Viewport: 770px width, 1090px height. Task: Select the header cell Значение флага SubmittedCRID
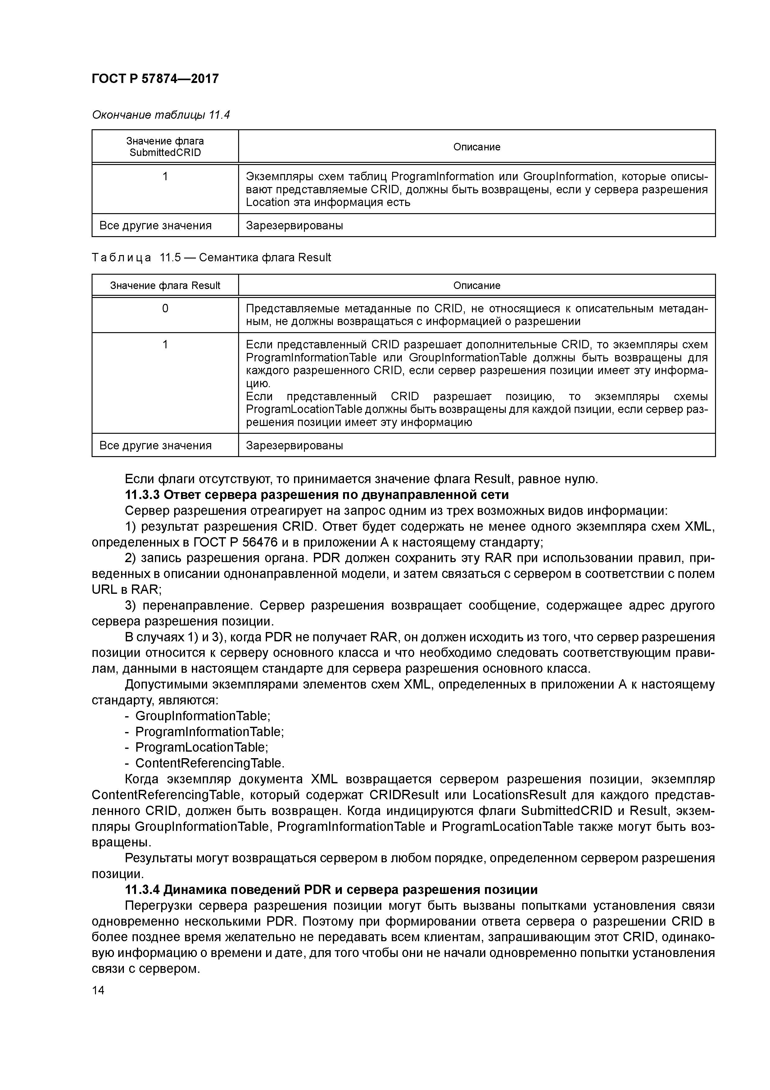165,147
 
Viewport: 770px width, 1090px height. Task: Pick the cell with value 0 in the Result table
165,309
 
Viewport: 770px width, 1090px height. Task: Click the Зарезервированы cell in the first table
294,226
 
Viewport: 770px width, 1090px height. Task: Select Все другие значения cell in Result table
156,445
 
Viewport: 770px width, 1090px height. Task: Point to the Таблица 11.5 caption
211,258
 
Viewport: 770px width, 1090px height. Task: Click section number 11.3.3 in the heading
142,495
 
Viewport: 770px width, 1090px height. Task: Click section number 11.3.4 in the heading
142,890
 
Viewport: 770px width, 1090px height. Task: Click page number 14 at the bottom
98,990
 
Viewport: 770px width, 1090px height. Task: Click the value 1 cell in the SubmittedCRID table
165,176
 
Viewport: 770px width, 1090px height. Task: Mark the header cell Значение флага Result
165,285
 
